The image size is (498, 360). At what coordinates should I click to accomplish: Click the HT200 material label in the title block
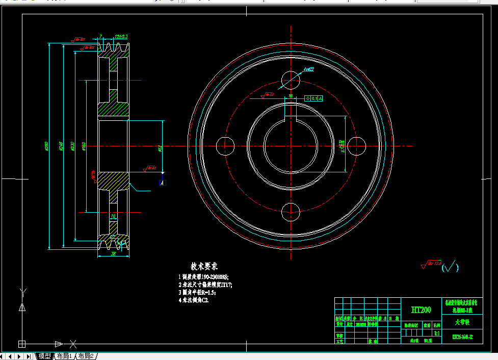[421, 310]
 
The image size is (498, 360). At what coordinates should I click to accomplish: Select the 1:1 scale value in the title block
[436, 332]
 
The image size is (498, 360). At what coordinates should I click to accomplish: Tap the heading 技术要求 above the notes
[204, 266]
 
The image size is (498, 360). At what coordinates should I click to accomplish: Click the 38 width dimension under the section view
[113, 253]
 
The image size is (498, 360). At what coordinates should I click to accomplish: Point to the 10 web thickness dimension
[113, 216]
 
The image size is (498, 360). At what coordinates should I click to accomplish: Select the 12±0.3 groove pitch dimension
[121, 37]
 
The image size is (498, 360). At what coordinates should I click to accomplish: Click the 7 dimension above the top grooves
[101, 37]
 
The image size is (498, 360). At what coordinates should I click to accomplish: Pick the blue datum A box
[162, 182]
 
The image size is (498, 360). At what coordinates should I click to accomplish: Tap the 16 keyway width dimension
[290, 95]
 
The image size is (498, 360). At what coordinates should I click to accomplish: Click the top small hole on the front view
[291, 80]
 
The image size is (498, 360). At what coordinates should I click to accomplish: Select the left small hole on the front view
[225, 146]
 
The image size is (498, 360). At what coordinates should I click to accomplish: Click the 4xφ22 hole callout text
[308, 69]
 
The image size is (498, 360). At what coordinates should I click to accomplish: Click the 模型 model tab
[45, 356]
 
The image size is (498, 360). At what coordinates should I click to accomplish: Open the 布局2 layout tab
[85, 356]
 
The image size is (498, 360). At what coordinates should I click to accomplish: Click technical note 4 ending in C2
[194, 300]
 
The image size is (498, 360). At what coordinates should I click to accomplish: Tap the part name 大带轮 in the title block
[462, 322]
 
